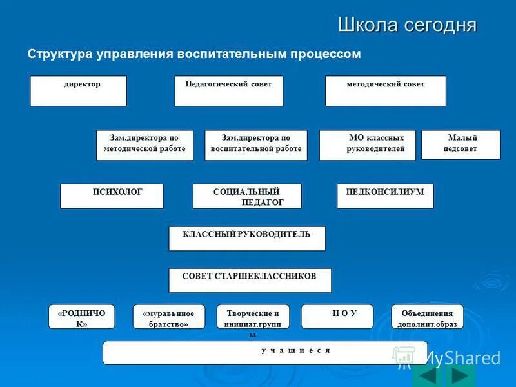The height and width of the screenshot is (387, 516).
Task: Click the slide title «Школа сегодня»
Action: coord(407,25)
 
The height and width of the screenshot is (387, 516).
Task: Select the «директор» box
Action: coord(78,91)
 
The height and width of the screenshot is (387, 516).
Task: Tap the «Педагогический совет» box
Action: coord(228,91)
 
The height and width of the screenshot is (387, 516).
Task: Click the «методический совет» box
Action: coord(385,91)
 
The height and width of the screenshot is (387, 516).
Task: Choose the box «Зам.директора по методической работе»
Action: coord(144,145)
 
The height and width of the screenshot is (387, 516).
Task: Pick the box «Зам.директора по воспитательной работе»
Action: coord(256,145)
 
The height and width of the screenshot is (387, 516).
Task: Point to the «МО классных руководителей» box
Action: coord(368,145)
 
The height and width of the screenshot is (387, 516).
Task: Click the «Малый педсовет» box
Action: coord(461,144)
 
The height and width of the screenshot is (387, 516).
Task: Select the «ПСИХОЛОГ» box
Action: coord(112,196)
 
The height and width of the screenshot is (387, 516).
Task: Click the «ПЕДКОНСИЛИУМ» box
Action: coord(385,196)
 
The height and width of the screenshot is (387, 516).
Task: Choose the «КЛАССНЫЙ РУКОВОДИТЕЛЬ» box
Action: coord(247,239)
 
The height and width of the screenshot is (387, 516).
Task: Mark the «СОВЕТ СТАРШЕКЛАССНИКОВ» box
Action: coord(250,281)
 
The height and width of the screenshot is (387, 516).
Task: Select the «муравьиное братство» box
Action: coord(169,317)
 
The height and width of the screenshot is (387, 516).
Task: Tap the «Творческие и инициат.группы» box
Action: coord(253,317)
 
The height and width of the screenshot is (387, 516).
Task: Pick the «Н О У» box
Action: coord(337,317)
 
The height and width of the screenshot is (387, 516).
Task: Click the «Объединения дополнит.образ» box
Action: coord(428,317)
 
